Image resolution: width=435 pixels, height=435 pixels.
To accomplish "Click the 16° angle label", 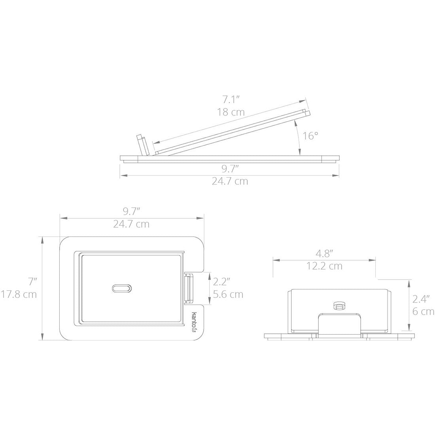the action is (310, 136).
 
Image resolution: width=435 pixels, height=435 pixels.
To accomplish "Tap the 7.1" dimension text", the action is (231, 99).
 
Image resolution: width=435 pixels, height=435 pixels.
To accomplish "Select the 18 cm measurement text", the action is (231, 112).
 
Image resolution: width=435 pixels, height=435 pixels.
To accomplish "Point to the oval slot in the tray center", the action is (122, 288).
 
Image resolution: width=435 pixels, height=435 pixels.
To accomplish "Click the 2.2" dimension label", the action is (222, 282).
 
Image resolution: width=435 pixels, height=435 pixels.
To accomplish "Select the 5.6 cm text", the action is (228, 294).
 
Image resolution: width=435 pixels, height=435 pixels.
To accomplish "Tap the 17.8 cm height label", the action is (19, 294).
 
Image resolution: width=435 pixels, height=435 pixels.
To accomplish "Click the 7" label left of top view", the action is (32, 282).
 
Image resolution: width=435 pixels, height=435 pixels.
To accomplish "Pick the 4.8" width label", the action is (324, 253).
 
